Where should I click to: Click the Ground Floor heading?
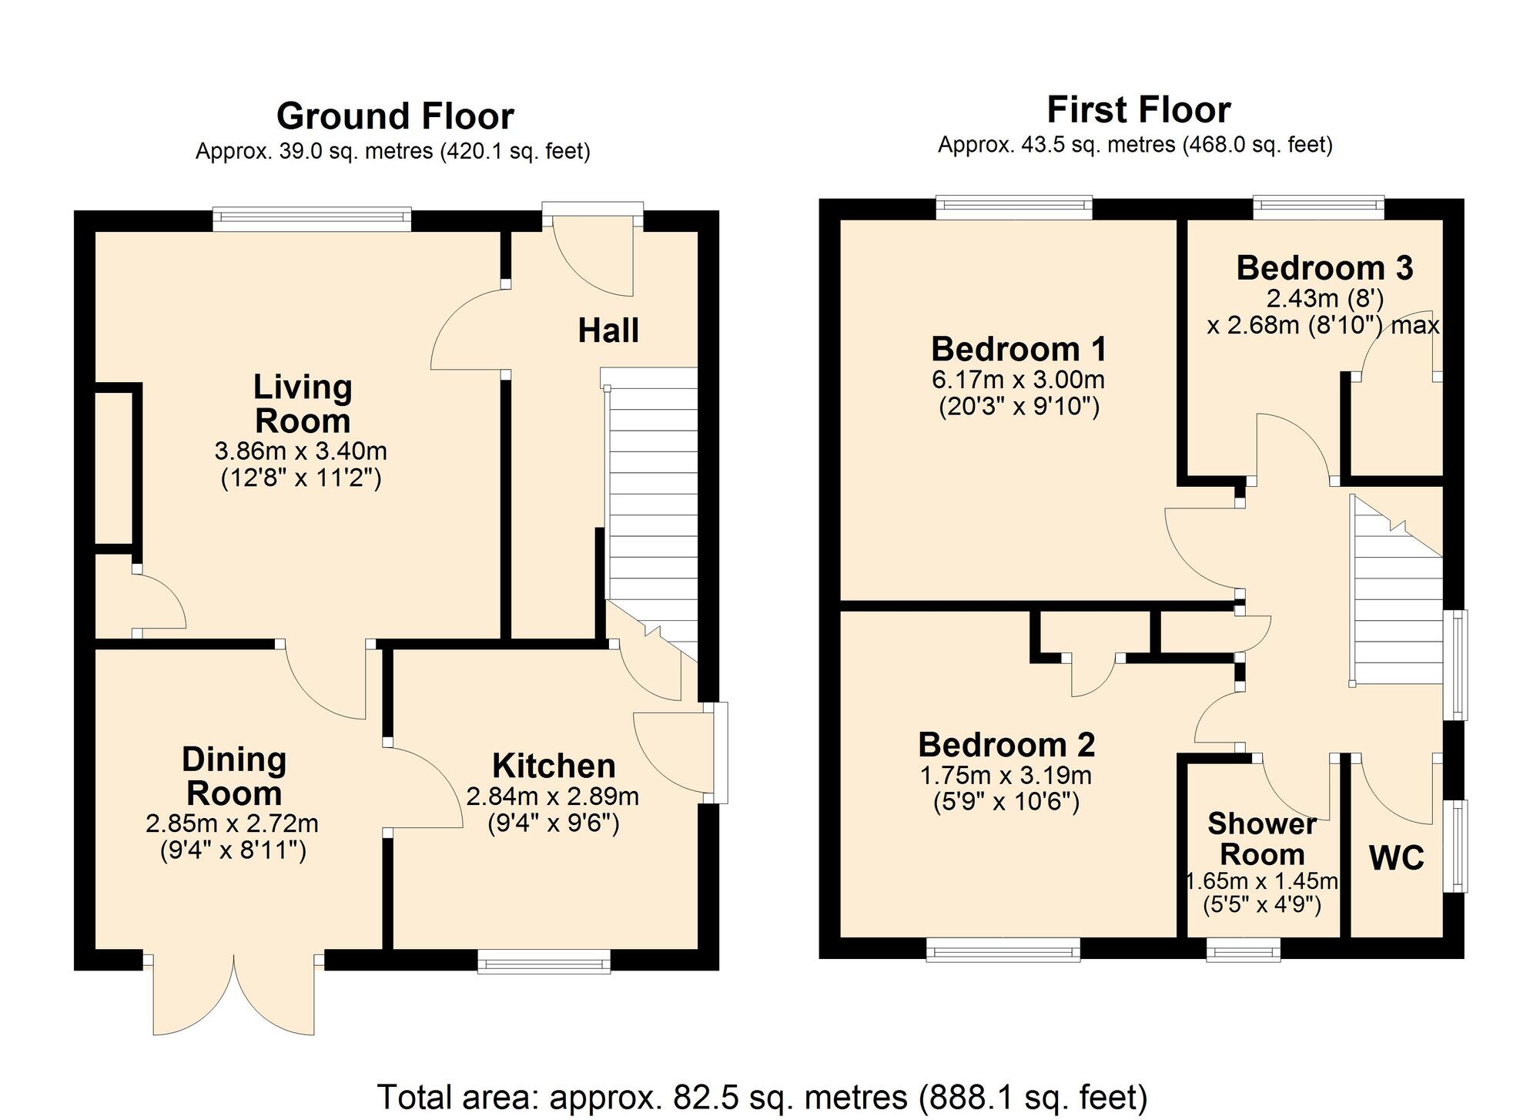pos(395,116)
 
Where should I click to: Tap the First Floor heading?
pos(1139,110)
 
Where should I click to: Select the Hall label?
pos(608,330)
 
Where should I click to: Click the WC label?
pos(1397,857)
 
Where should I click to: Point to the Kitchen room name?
pos(554,766)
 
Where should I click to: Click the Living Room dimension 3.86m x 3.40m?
pos(301,451)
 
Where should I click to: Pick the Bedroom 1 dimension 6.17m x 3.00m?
pos(1019,380)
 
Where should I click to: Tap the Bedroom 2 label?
pos(1006,745)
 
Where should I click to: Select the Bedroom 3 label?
pos(1324,268)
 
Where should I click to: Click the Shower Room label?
pos(1262,840)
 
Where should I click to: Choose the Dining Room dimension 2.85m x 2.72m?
pos(233,824)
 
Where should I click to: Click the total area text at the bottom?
pos(762,1097)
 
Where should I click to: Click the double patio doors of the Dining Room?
pos(233,994)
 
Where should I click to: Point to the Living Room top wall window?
pos(312,220)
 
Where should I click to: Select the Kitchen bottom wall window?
pos(544,961)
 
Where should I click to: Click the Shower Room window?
pos(1244,950)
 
